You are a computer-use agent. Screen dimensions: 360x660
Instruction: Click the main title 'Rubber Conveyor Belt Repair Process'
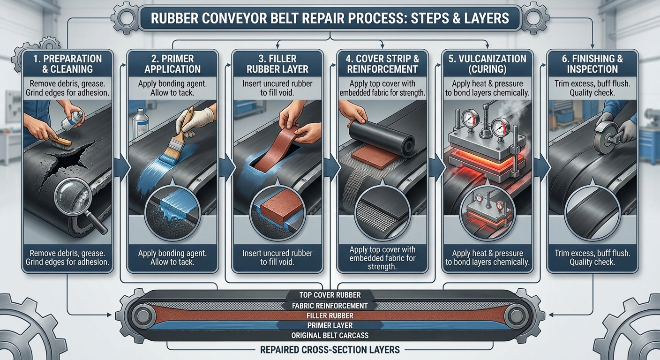[330, 18]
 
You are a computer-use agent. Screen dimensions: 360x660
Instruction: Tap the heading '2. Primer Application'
[172, 64]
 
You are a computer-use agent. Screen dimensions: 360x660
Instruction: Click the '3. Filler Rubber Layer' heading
[278, 64]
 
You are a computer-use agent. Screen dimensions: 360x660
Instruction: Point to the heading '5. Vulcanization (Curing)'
[487, 64]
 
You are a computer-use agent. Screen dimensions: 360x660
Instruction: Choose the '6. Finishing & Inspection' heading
[592, 64]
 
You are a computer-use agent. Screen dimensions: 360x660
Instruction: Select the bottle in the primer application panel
[140, 123]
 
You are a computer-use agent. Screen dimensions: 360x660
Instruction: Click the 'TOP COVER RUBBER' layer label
[330, 295]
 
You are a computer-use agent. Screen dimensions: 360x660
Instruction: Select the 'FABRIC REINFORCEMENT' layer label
[330, 306]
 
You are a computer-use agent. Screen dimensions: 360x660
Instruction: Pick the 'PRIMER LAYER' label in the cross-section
[330, 325]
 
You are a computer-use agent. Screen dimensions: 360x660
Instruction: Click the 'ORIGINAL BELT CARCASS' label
[330, 336]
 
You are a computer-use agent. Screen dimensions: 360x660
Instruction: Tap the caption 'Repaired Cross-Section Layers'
[330, 349]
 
